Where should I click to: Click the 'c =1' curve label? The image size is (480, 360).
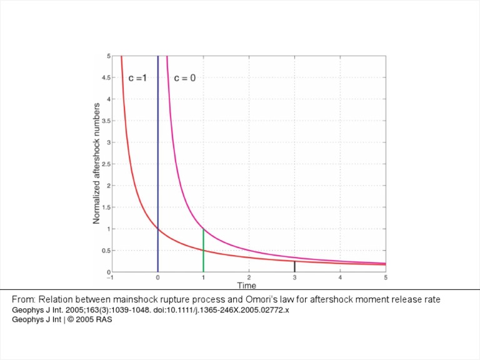[137, 79]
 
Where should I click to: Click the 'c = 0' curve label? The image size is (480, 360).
[184, 79]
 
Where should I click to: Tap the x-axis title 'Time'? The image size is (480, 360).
[246, 286]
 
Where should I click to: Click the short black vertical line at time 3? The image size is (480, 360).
[294, 267]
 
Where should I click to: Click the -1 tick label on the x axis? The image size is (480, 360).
[110, 277]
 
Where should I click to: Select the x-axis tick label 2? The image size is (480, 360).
[249, 277]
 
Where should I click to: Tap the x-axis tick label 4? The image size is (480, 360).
[340, 277]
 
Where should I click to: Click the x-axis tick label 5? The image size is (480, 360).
[386, 277]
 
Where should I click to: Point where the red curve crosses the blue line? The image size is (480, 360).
[157, 229]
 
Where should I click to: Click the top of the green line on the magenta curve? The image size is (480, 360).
[203, 229]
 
